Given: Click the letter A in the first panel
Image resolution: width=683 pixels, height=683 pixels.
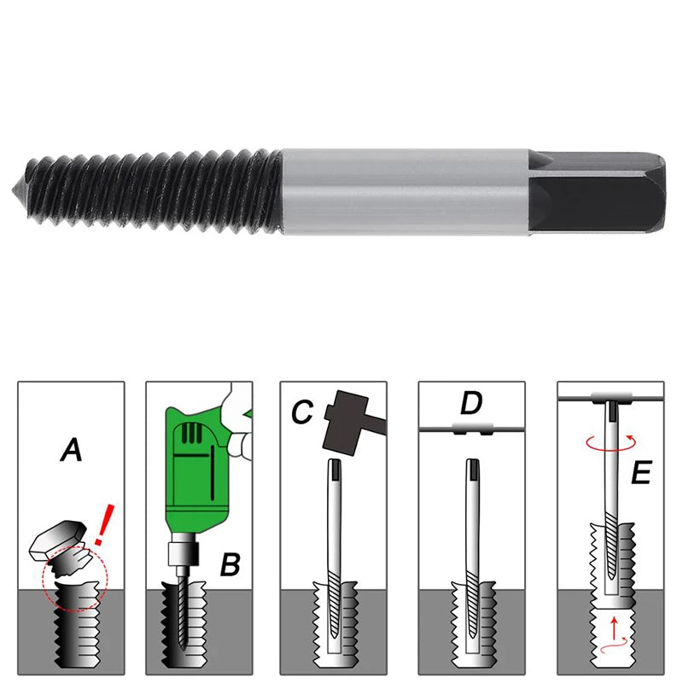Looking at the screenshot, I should pyautogui.click(x=72, y=449).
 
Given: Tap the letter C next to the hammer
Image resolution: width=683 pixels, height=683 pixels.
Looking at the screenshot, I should pyautogui.click(x=301, y=412).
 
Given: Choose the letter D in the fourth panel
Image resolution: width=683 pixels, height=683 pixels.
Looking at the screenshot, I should pyautogui.click(x=471, y=401).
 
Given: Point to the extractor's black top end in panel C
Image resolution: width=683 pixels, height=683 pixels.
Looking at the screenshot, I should pyautogui.click(x=336, y=469).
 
